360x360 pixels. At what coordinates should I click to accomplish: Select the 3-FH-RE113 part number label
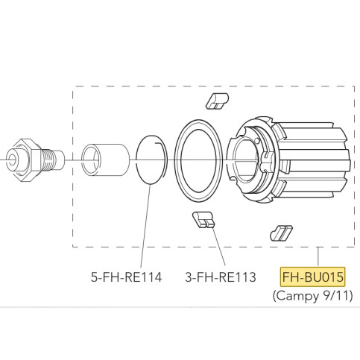tap(220, 277)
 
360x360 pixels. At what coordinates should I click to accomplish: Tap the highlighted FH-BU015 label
tap(312, 277)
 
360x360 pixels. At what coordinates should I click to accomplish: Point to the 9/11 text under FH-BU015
tap(335, 296)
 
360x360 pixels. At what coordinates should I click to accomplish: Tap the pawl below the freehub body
tap(279, 232)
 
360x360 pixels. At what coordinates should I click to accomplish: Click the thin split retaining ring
tap(151, 158)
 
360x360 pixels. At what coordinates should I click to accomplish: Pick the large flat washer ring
tap(199, 158)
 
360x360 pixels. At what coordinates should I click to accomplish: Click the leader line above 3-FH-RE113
tap(214, 246)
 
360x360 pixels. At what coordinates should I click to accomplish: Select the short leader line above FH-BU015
tap(319, 257)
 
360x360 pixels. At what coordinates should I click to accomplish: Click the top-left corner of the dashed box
tap(72, 86)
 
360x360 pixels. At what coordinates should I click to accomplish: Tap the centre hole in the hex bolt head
tap(12, 158)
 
